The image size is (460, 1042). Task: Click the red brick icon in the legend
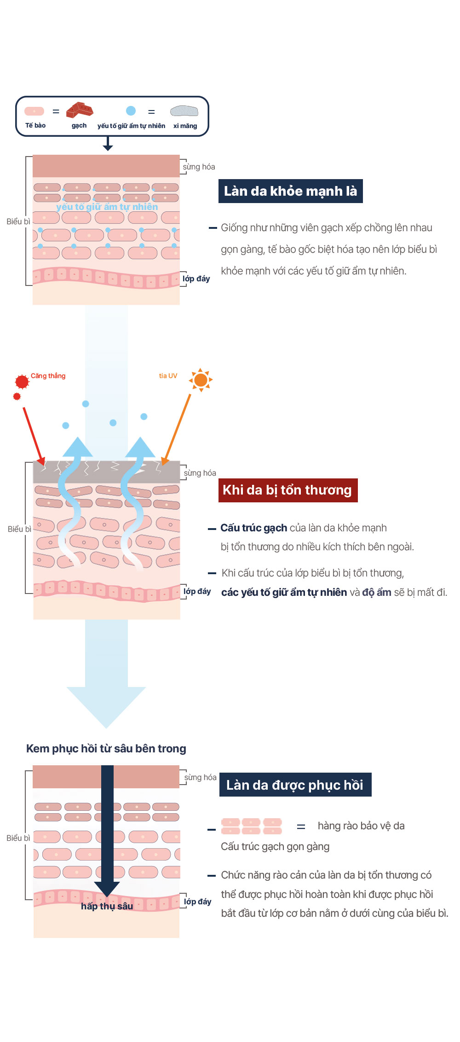pyautogui.click(x=80, y=111)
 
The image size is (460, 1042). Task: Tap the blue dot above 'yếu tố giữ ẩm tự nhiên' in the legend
pyautogui.click(x=131, y=111)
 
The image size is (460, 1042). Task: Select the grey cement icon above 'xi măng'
pyautogui.click(x=184, y=111)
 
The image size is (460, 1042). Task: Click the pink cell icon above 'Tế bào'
pyautogui.click(x=34, y=111)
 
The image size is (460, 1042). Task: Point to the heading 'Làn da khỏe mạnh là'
pyautogui.click(x=290, y=191)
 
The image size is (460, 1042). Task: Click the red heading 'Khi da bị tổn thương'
pyautogui.click(x=287, y=490)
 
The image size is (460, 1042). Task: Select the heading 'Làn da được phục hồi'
pyautogui.click(x=295, y=785)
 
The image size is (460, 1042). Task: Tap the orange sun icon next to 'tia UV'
pyautogui.click(x=201, y=380)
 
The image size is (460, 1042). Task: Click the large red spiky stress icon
pyautogui.click(x=22, y=381)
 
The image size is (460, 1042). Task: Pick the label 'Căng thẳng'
pyautogui.click(x=48, y=376)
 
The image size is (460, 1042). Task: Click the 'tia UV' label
pyautogui.click(x=168, y=376)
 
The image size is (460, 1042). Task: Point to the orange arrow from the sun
pyautogui.click(x=177, y=428)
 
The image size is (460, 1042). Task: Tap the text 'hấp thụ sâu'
pyautogui.click(x=107, y=906)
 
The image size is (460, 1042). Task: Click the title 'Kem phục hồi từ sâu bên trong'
pyautogui.click(x=106, y=749)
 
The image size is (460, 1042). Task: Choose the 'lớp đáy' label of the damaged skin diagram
pyautogui.click(x=197, y=591)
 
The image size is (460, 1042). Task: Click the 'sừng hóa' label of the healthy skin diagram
pyautogui.click(x=199, y=167)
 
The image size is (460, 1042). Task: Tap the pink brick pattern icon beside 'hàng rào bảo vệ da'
pyautogui.click(x=251, y=826)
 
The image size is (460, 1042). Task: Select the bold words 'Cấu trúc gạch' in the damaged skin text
pyautogui.click(x=253, y=528)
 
